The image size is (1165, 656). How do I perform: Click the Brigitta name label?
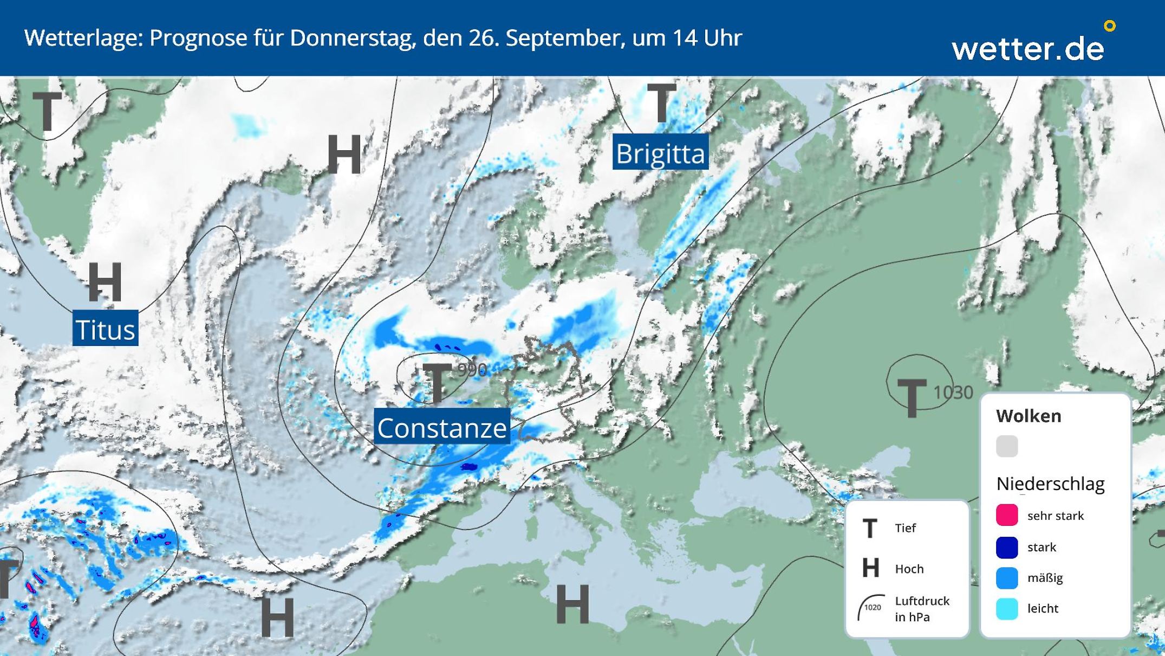(x=660, y=153)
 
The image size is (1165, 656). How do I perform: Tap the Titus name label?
(x=105, y=329)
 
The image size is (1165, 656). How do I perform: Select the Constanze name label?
(x=442, y=428)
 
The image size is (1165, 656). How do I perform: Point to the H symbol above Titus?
(x=105, y=281)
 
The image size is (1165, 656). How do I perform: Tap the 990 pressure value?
(x=472, y=370)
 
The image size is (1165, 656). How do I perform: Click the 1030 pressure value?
(x=953, y=392)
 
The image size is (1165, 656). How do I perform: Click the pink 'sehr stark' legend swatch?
(x=1007, y=515)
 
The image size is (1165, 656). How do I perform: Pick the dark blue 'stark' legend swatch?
(x=1007, y=547)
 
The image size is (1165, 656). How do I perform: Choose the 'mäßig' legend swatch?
(x=1007, y=578)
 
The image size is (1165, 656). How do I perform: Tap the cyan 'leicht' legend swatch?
(x=1007, y=609)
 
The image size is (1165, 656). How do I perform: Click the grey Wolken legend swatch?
(x=1007, y=446)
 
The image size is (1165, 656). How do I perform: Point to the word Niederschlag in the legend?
(x=1050, y=484)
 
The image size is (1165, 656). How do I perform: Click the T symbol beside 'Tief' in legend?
(x=870, y=528)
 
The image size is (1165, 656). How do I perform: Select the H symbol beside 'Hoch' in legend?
(x=870, y=568)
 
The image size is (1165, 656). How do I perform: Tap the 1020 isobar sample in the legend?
(x=871, y=607)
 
